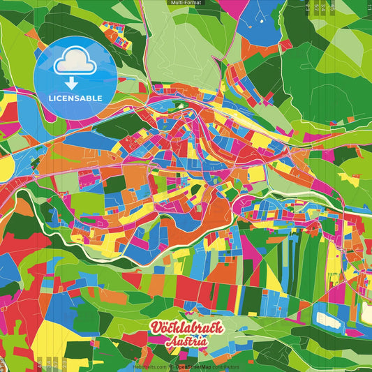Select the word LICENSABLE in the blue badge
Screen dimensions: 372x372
tap(75, 97)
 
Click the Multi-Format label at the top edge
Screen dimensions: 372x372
tap(186, 3)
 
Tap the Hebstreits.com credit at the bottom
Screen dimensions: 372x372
tap(149, 366)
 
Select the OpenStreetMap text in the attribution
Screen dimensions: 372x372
tap(193, 366)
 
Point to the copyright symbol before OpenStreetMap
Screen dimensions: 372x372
tap(171, 366)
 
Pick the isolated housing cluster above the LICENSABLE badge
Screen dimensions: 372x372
tap(116, 33)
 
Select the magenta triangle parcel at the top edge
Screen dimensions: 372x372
tap(234, 7)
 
